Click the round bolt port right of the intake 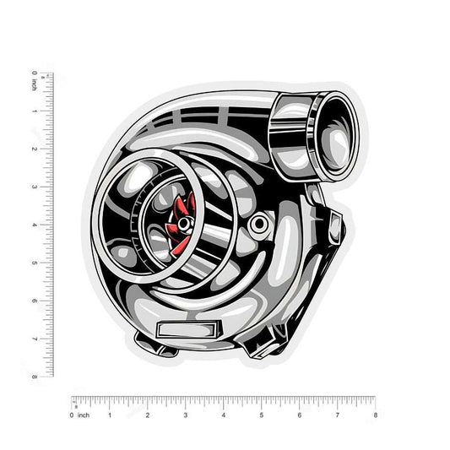[x=259, y=223]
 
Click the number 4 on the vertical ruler [x=35, y=225]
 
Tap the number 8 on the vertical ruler [x=35, y=377]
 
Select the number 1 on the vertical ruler [x=35, y=111]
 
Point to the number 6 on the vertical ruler [x=35, y=301]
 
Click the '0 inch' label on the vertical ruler [x=35, y=80]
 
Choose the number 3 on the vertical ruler [x=35, y=187]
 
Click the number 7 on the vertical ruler [x=35, y=339]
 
